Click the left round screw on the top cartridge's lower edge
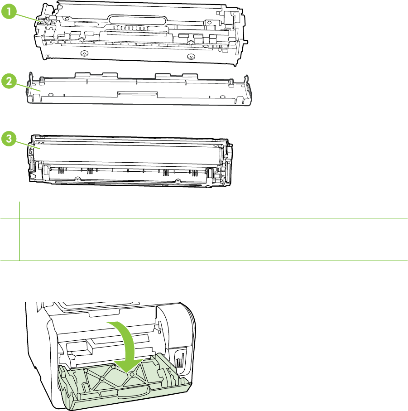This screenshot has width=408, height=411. (83, 53)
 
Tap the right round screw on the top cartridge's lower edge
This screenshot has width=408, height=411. (191, 57)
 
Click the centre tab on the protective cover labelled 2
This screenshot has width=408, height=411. (137, 93)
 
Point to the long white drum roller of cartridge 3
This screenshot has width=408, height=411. (127, 152)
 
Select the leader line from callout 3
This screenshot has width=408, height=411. (27, 144)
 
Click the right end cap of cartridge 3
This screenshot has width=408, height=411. (227, 163)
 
